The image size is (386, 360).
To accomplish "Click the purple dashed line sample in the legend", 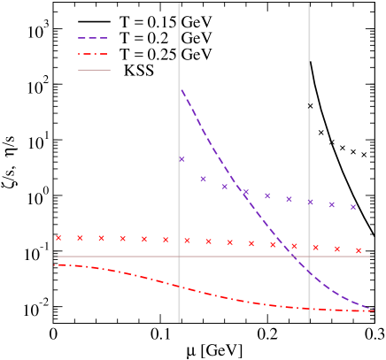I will [x=93, y=38].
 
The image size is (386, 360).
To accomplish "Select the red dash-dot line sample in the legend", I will [x=93, y=54].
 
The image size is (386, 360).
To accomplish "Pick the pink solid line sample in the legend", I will [x=93, y=70].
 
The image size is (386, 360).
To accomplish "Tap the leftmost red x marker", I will [x=58, y=237].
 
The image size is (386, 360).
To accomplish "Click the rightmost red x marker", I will [x=359, y=250].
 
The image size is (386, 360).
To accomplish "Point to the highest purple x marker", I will [x=181, y=159].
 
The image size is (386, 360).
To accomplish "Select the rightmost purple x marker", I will [x=353, y=207].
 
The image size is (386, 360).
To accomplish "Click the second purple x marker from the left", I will [x=203, y=179].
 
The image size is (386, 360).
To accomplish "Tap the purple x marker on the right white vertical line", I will [x=310, y=202].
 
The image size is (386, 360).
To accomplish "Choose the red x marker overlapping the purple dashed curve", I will [x=294, y=246].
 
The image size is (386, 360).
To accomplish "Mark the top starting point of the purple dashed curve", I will [x=181, y=89].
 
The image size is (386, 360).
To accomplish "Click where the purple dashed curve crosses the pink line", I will [x=290, y=257].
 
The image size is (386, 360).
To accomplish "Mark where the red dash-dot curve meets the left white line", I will [x=179, y=287].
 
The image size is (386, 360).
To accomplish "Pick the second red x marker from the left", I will [x=80, y=237].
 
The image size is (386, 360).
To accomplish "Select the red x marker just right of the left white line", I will [x=187, y=241].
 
